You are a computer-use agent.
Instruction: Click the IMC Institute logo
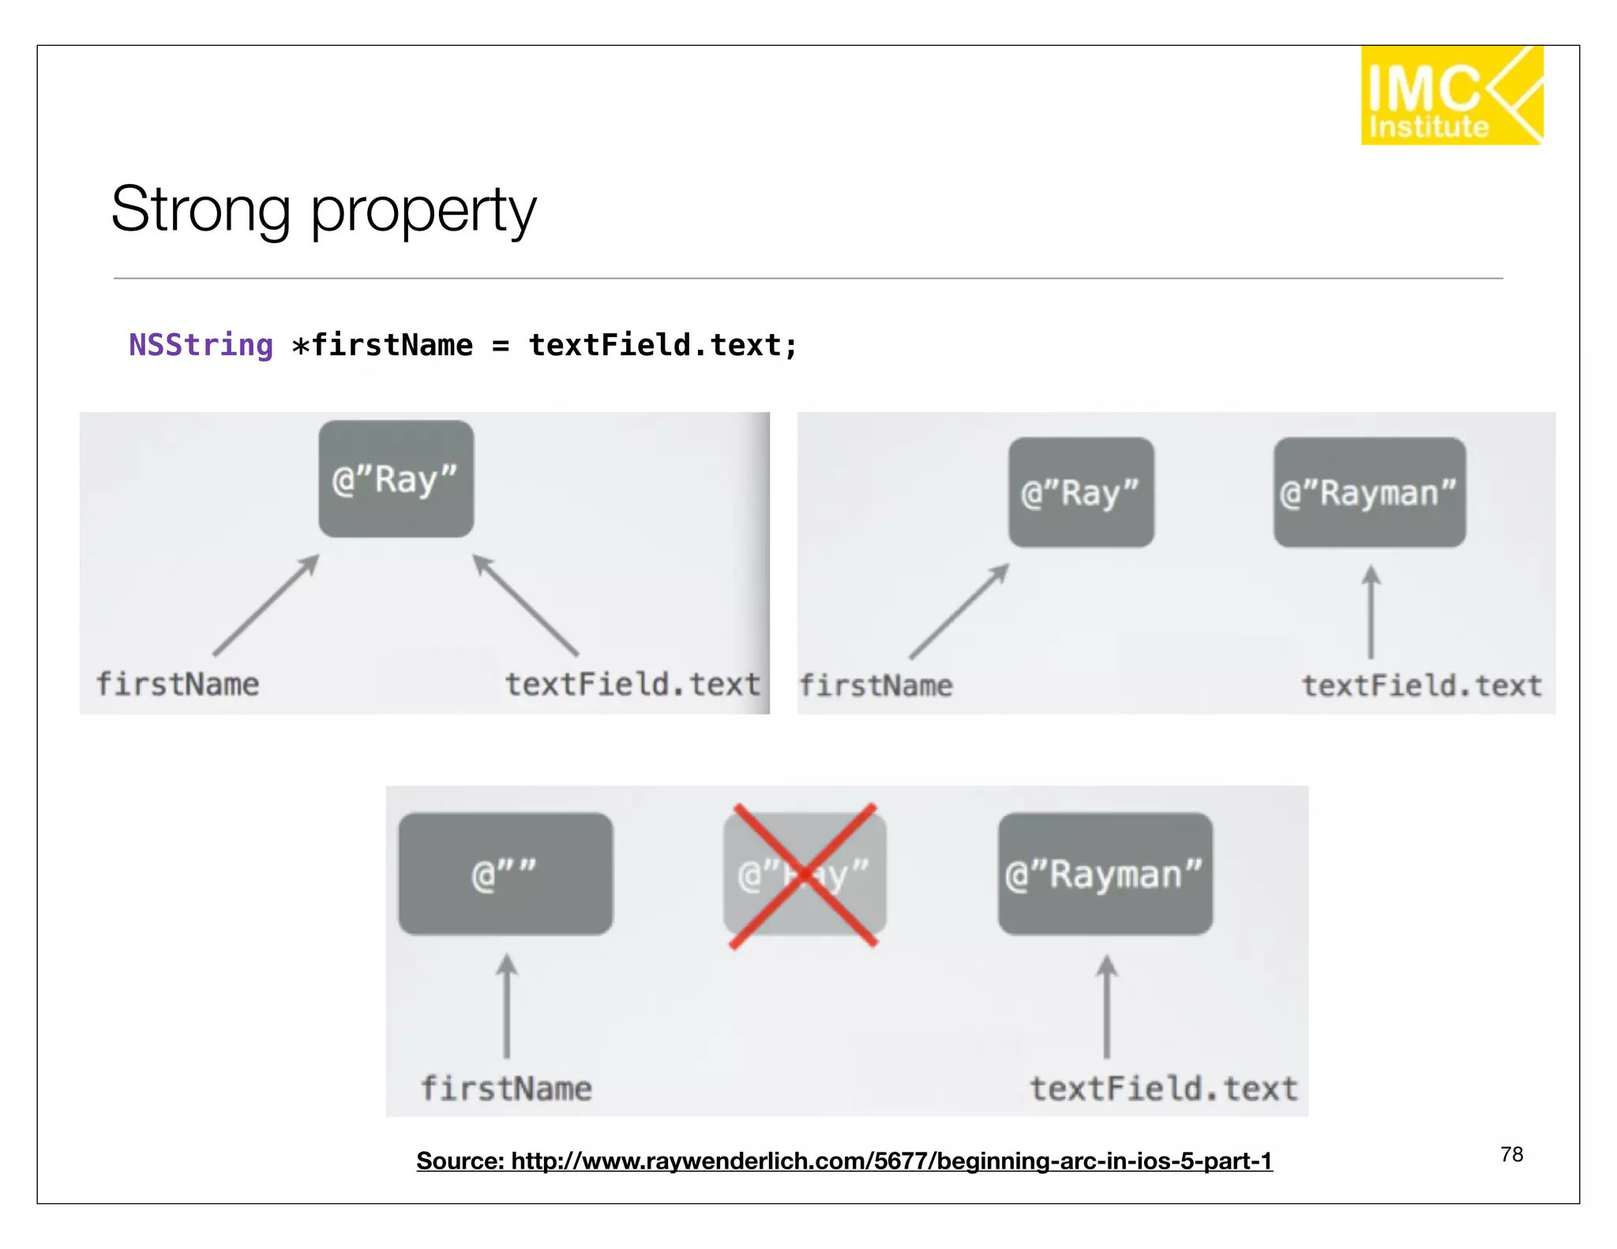pyautogui.click(x=1450, y=96)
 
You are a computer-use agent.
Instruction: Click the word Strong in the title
pyautogui.click(x=201, y=210)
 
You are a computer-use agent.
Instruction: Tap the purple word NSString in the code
pyautogui.click(x=201, y=345)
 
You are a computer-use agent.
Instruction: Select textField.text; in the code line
pyautogui.click(x=662, y=345)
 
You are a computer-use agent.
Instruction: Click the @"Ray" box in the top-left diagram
pyautogui.click(x=396, y=479)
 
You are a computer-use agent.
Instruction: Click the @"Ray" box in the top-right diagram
pyautogui.click(x=1080, y=493)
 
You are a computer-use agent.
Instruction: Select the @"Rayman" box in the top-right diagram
pyautogui.click(x=1368, y=493)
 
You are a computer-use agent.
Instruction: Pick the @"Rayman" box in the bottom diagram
pyautogui.click(x=1104, y=874)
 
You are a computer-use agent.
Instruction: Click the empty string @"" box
pyautogui.click(x=505, y=874)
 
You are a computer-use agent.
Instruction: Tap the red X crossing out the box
pyautogui.click(x=804, y=875)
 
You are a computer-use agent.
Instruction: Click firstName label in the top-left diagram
pyautogui.click(x=178, y=684)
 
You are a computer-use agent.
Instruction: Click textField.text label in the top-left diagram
pyautogui.click(x=632, y=684)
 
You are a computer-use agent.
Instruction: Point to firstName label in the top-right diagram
pyautogui.click(x=876, y=685)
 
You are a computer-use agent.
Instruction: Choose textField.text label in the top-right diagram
pyautogui.click(x=1421, y=685)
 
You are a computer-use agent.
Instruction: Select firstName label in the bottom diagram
pyautogui.click(x=506, y=1089)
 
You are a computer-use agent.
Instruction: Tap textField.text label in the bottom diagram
pyautogui.click(x=1163, y=1089)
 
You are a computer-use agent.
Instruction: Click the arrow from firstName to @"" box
pyautogui.click(x=507, y=1007)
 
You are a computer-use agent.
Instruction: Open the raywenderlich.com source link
pyautogui.click(x=844, y=1161)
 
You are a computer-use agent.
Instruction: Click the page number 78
pyautogui.click(x=1511, y=1154)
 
